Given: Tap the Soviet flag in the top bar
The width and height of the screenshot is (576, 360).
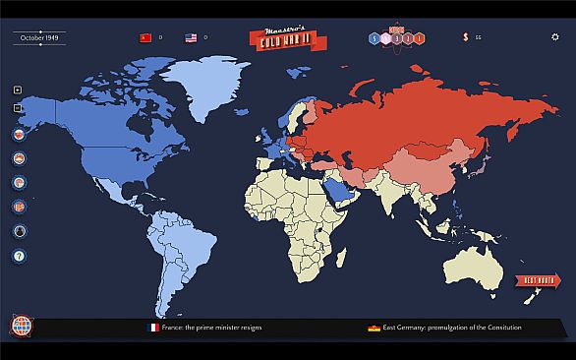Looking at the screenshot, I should (x=144, y=37).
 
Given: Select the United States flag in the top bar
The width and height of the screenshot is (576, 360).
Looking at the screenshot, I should (x=192, y=37).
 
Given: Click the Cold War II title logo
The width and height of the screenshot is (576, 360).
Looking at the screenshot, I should (x=285, y=36).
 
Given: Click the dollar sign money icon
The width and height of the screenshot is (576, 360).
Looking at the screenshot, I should (x=465, y=37).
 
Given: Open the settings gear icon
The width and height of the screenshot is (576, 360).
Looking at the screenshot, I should (x=554, y=36).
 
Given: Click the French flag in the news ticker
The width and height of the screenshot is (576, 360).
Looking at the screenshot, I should (x=153, y=327).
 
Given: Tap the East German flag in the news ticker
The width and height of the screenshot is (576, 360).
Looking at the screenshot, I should (x=374, y=327).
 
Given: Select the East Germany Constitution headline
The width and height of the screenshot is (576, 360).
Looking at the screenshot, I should (x=453, y=327).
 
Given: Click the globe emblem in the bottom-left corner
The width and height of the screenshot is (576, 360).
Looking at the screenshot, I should (x=21, y=326).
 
